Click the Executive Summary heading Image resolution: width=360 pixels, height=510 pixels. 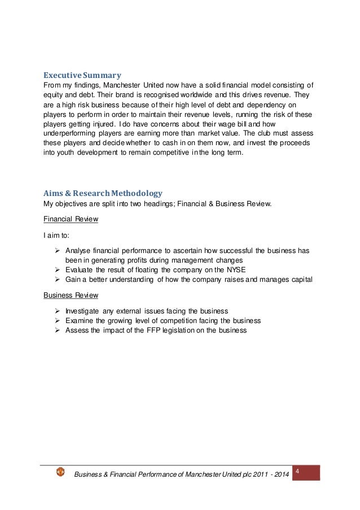pos(82,74)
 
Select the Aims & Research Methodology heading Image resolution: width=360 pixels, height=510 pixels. pos(103,193)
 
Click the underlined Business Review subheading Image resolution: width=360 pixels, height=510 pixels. pos(71,295)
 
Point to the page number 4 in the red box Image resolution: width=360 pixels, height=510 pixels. pos(297,471)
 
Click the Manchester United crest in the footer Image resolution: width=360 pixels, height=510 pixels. pos(60,472)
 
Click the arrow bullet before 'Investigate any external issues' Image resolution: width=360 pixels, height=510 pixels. pos(57,311)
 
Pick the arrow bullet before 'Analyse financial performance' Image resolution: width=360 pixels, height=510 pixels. pos(57,250)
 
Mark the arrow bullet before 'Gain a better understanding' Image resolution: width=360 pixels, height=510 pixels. pos(57,280)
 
